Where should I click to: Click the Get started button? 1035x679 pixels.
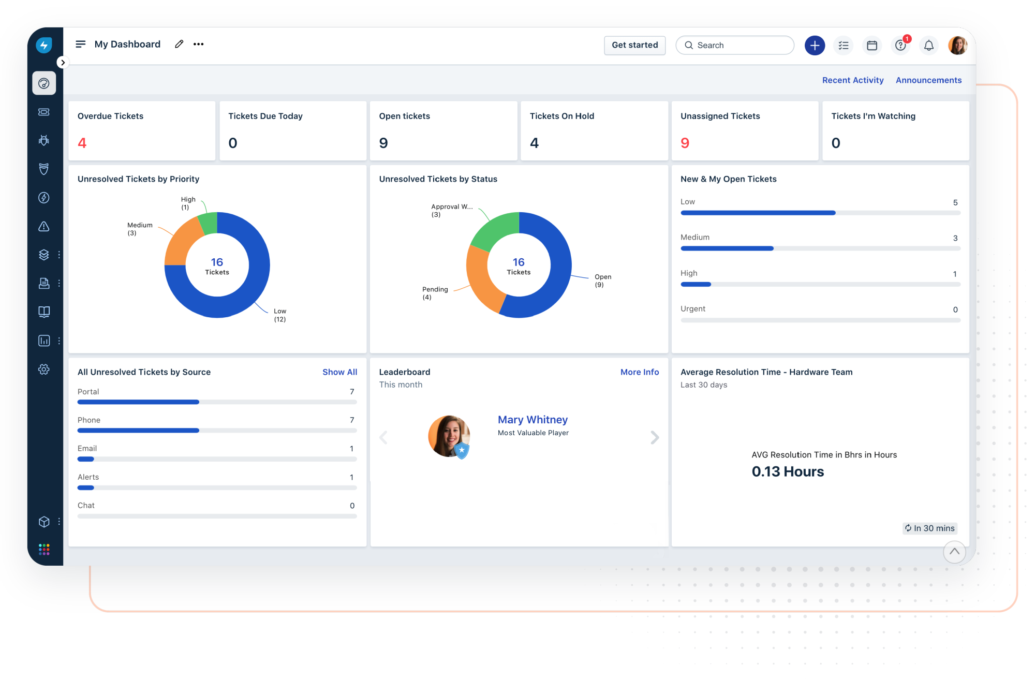tap(634, 45)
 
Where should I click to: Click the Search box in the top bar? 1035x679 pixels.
tap(735, 45)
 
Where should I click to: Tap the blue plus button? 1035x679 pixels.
tap(815, 46)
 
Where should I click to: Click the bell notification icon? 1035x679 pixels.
tap(929, 46)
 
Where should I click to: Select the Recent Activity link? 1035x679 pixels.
tap(853, 80)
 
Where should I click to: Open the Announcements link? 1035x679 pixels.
tap(928, 80)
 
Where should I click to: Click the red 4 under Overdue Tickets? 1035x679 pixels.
tap(82, 143)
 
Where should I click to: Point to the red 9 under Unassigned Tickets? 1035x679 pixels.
tap(685, 143)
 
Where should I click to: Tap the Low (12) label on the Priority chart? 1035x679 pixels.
tap(280, 315)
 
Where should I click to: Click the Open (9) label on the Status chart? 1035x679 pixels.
tap(603, 281)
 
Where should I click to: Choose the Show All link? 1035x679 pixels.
tap(339, 372)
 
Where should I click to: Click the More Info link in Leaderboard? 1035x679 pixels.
tap(640, 372)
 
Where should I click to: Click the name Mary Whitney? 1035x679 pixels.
tap(533, 420)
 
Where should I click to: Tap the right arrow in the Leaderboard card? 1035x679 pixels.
tap(655, 438)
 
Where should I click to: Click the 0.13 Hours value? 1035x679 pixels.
tap(788, 471)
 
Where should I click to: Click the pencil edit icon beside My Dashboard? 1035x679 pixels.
tap(179, 44)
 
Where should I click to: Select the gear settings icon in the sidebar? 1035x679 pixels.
tap(44, 369)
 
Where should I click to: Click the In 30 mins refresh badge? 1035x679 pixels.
tap(930, 528)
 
